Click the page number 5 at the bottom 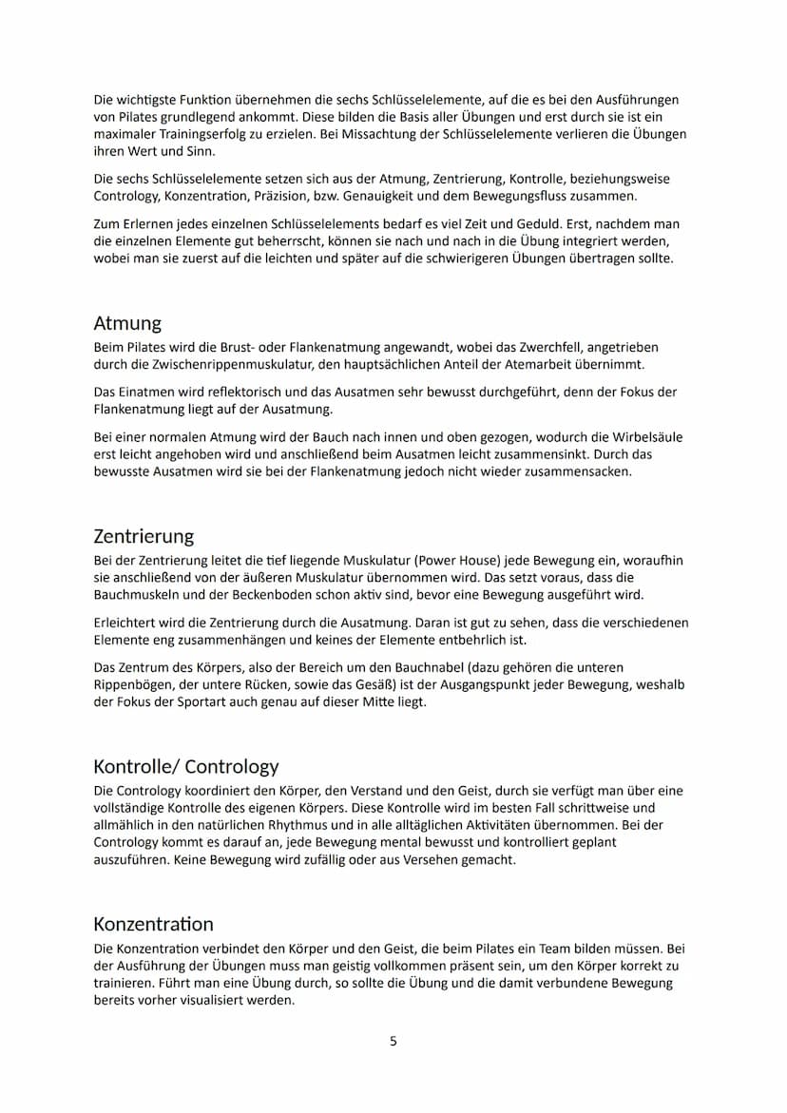coord(393,1041)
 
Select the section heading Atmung coord(127,323)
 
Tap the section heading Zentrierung coord(144,536)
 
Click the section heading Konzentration coord(153,924)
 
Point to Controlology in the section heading coord(232,766)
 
